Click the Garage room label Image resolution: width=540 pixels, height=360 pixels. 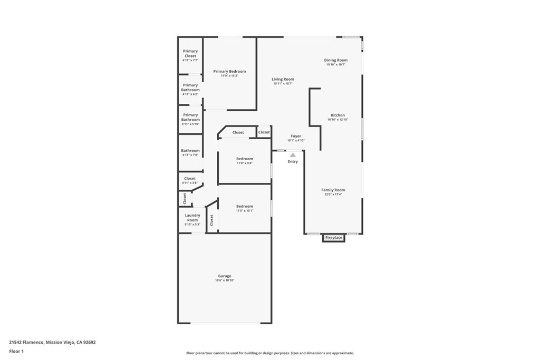(x=225, y=276)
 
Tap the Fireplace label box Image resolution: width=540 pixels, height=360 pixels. (x=334, y=238)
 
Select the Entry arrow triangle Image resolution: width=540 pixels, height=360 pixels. (x=293, y=155)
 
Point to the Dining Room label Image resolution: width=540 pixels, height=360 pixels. (x=335, y=60)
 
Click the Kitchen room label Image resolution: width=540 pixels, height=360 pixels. (x=337, y=115)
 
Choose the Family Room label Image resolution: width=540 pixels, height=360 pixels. (x=333, y=190)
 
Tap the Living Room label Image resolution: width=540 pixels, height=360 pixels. (x=283, y=79)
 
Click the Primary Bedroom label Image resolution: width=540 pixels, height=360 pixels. (x=229, y=71)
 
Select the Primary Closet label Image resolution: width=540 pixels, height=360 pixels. (x=190, y=53)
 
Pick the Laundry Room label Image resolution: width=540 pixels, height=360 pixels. (x=192, y=217)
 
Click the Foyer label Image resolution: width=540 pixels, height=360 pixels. (x=296, y=136)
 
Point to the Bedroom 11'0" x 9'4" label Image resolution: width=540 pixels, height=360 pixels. (x=245, y=159)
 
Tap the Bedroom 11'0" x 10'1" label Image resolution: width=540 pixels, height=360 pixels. (x=245, y=206)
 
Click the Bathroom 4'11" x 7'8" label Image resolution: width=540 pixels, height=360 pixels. (x=190, y=151)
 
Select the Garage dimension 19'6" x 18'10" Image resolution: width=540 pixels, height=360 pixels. (x=225, y=280)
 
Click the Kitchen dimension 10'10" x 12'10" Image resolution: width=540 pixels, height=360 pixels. (x=337, y=120)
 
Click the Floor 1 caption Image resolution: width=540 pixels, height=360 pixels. (x=16, y=351)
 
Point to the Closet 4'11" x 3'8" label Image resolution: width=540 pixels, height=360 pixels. (x=190, y=179)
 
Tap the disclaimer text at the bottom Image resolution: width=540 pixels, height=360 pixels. (x=269, y=353)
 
